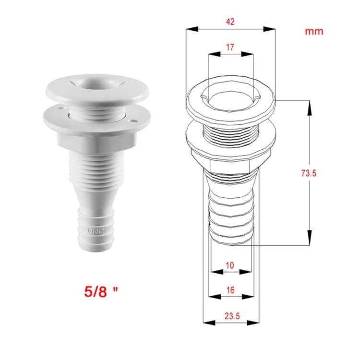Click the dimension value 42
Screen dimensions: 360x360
pos(230,22)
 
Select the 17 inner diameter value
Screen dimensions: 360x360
pos(230,48)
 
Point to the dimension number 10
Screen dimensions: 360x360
pos(230,265)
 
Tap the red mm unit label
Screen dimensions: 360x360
pos(314,32)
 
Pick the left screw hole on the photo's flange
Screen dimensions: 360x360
pos(61,110)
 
